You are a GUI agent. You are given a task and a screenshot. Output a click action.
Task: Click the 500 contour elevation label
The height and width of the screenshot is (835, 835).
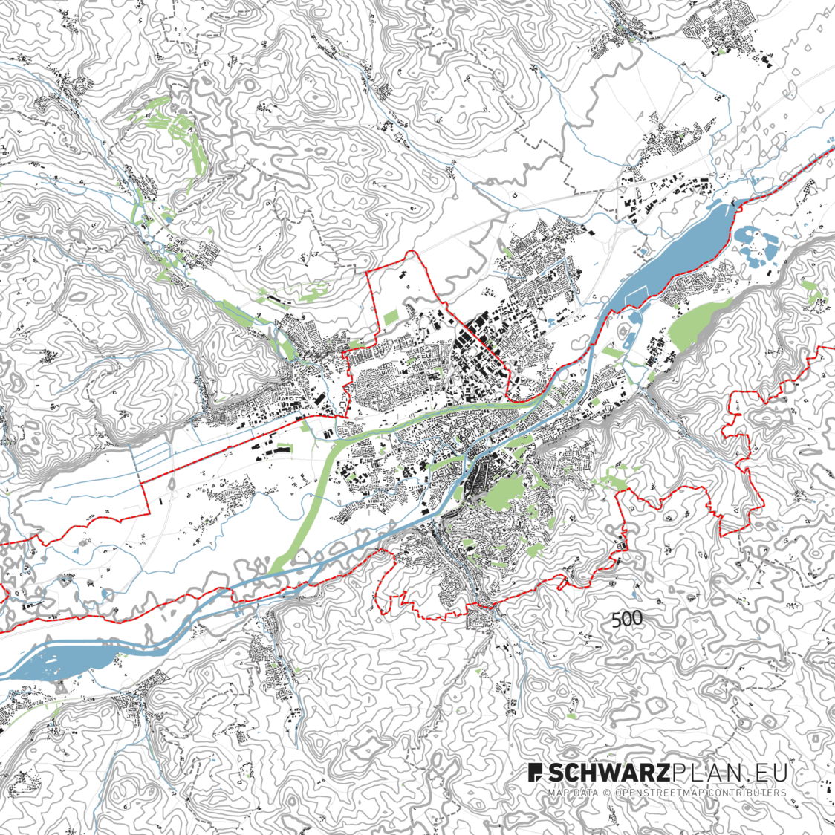627,619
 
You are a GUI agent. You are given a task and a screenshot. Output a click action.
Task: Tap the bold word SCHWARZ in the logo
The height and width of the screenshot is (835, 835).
609,773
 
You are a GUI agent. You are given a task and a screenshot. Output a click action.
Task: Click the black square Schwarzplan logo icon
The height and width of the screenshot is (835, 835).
536,773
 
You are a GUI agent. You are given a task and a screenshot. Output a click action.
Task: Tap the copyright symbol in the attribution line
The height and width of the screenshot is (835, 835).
606,793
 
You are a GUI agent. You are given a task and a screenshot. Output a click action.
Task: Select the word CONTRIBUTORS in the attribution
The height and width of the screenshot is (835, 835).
747,793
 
